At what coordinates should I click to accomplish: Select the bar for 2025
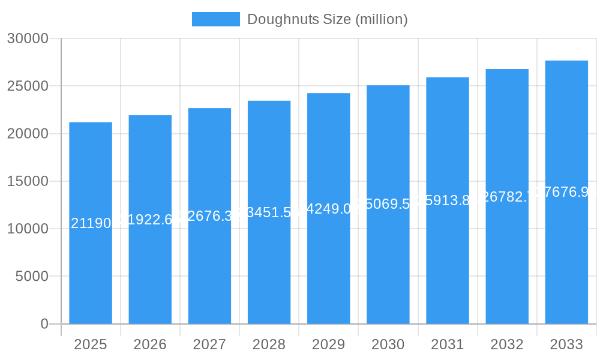(91, 270)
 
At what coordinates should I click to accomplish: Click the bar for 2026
(150, 270)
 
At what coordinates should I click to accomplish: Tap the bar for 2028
(269, 270)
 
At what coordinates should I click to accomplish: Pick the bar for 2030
(388, 270)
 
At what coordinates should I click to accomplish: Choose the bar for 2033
(566, 270)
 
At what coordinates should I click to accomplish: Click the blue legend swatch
(215, 19)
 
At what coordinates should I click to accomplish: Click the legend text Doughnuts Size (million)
(327, 19)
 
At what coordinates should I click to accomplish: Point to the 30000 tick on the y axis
(28, 38)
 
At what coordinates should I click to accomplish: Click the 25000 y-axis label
(28, 86)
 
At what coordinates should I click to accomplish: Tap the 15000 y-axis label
(28, 181)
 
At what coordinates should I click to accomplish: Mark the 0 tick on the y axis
(44, 324)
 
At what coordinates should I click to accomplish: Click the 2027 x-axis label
(209, 344)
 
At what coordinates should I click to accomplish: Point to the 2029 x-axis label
(328, 344)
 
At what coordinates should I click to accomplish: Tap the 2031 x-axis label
(448, 344)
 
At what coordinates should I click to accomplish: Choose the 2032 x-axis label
(507, 344)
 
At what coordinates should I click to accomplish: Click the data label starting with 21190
(91, 224)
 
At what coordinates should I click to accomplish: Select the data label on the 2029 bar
(328, 209)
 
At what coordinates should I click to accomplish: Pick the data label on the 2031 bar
(448, 200)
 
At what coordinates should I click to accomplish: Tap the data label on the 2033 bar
(566, 192)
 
